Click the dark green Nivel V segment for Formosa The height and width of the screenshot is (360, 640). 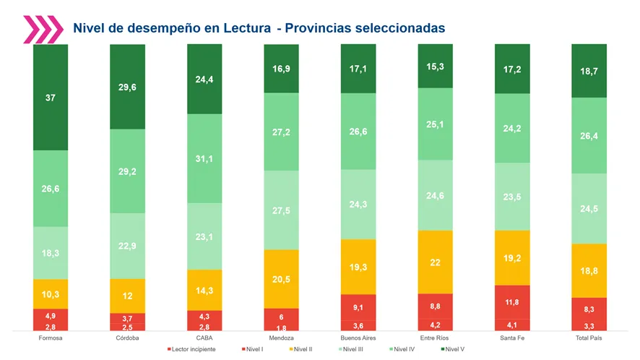(x=51, y=98)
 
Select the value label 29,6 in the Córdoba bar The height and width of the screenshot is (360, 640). (x=128, y=87)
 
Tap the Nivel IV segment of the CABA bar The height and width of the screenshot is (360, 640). (x=204, y=158)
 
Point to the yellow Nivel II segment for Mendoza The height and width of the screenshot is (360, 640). (x=282, y=279)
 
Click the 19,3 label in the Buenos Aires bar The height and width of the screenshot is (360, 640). (x=358, y=267)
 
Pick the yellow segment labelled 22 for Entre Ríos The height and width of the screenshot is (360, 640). (x=436, y=262)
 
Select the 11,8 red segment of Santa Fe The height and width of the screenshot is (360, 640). (x=512, y=302)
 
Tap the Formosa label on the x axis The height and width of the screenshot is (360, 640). (x=50, y=338)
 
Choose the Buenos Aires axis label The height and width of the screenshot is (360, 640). (x=358, y=338)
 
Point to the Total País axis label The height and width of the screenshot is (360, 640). (x=589, y=338)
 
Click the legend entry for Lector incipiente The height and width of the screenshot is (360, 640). (x=193, y=350)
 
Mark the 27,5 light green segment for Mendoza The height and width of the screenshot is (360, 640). (x=282, y=210)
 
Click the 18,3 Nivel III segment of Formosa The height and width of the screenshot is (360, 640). (x=51, y=253)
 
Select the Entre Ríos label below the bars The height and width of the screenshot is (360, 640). (x=436, y=338)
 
